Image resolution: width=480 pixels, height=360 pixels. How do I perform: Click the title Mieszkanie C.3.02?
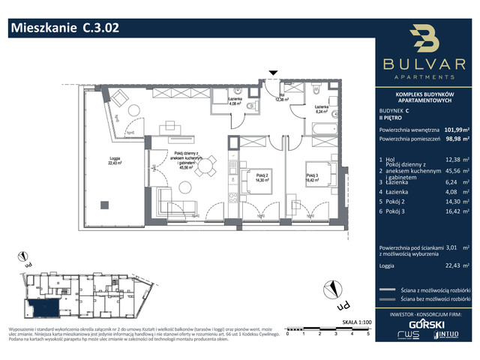pos(64,29)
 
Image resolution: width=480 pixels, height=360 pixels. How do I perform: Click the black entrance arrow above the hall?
pos(274,73)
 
